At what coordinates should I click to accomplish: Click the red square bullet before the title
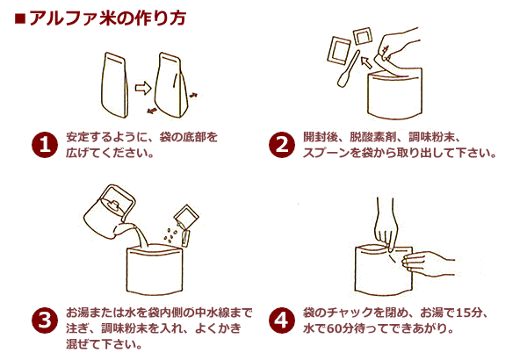[x=20, y=18]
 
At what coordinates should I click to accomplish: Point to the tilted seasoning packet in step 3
[x=187, y=217]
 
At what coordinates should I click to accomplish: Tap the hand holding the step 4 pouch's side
[x=431, y=261]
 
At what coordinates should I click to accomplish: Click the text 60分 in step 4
[x=337, y=329]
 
